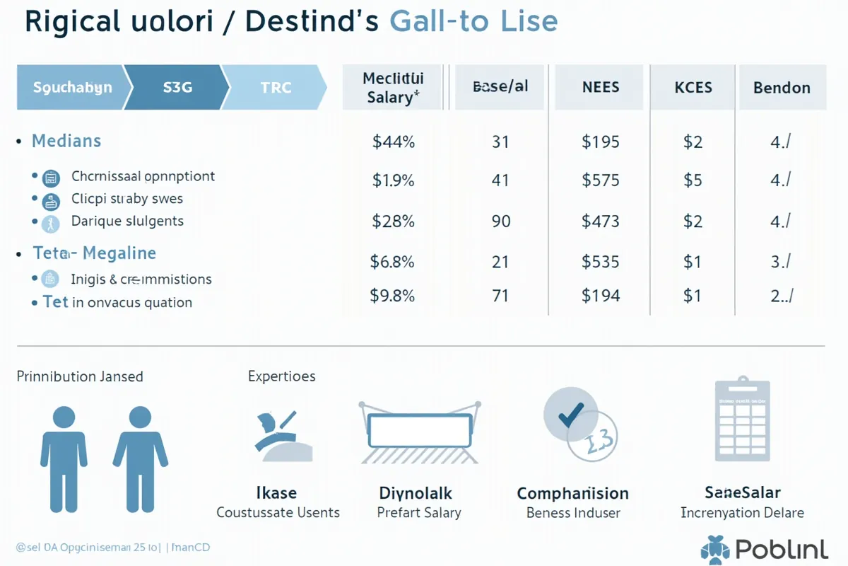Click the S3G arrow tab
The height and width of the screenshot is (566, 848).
tap(178, 88)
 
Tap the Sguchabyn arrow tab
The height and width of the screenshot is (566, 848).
tap(72, 88)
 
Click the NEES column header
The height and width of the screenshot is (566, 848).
tap(600, 88)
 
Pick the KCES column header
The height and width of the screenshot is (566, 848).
tap(693, 88)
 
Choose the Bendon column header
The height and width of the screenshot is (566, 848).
tap(782, 88)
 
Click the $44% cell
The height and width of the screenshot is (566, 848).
tap(393, 141)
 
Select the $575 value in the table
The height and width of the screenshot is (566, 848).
tap(601, 180)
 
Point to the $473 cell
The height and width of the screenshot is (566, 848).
tap(601, 221)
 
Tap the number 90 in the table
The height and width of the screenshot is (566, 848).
tap(500, 221)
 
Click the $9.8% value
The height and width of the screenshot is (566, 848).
tap(392, 295)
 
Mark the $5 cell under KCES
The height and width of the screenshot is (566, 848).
tap(693, 180)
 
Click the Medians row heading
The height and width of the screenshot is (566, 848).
tap(66, 141)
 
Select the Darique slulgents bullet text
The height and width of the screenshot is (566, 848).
tap(127, 221)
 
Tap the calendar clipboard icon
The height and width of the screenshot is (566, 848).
tap(742, 419)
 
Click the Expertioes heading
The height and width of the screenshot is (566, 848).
tap(281, 376)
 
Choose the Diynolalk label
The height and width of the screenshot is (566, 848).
tap(416, 492)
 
